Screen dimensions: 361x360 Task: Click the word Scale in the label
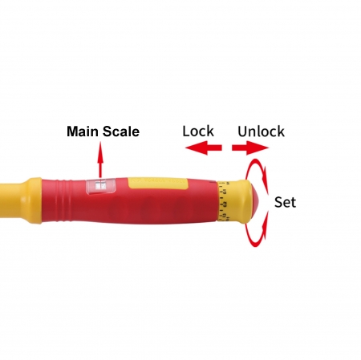click(121, 131)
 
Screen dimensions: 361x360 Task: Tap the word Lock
click(198, 131)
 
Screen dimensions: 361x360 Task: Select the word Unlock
click(261, 131)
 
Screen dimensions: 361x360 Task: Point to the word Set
click(285, 202)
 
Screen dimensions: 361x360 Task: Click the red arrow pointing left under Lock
click(204, 148)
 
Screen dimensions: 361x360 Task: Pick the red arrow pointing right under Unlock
click(250, 148)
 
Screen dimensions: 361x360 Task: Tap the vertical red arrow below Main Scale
click(100, 160)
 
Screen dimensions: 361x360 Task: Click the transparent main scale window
click(100, 185)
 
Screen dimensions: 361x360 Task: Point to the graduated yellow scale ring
click(223, 201)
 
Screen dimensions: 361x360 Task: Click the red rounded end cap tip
click(254, 201)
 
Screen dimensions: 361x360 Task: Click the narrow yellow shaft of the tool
click(10, 200)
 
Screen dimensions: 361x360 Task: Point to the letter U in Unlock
click(242, 131)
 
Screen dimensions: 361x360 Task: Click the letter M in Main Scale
click(72, 131)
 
